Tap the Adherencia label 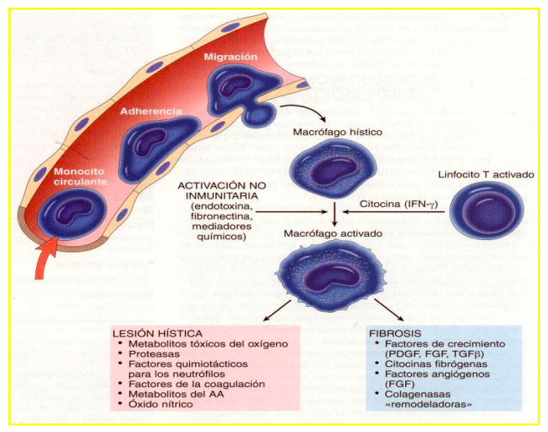click(x=149, y=111)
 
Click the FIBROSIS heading click(x=395, y=333)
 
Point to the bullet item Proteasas click(x=155, y=353)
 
